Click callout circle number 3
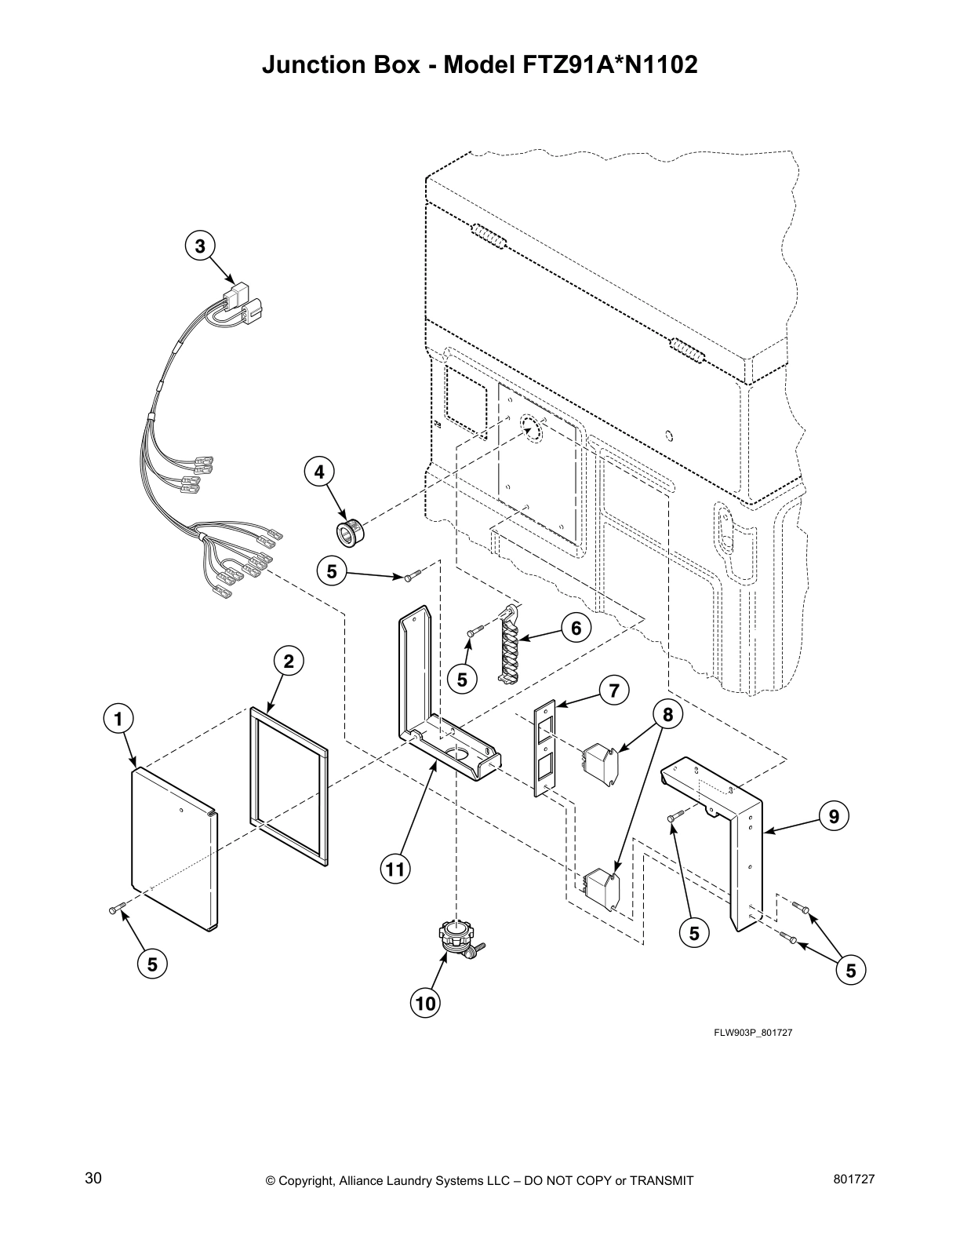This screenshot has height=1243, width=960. coord(200,246)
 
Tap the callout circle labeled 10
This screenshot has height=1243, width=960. coord(424,1003)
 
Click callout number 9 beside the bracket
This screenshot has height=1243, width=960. coord(834,817)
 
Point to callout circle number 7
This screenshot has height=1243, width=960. coord(614,691)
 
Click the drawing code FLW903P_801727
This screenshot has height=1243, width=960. coord(752,1033)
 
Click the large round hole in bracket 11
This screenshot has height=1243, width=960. coord(456,754)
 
